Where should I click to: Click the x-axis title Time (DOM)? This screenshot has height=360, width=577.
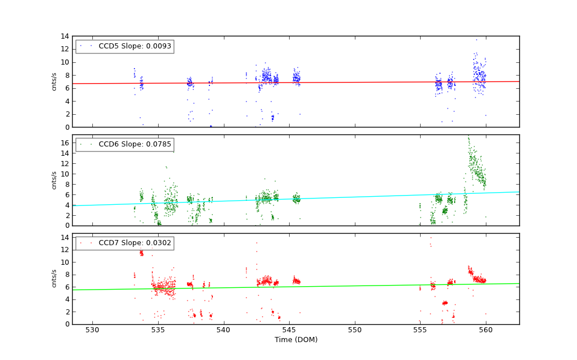tap(295, 340)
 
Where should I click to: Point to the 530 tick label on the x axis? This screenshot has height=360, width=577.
tap(92, 331)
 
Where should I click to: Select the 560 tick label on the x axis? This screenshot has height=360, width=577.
tap(486, 331)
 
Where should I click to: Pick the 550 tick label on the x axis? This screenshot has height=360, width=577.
tap(355, 331)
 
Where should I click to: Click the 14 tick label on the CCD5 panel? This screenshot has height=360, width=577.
tap(65, 36)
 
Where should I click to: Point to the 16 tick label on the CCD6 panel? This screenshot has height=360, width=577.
tap(65, 143)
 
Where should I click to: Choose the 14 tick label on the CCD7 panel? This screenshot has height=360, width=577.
tap(65, 238)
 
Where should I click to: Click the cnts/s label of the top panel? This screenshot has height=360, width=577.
tap(54, 81)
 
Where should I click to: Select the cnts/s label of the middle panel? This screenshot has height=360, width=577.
tap(54, 180)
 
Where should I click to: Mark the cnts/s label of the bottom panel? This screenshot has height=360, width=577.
tap(54, 279)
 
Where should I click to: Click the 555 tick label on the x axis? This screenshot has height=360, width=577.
tap(420, 331)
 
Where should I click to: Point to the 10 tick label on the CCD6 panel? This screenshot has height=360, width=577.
tap(65, 174)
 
